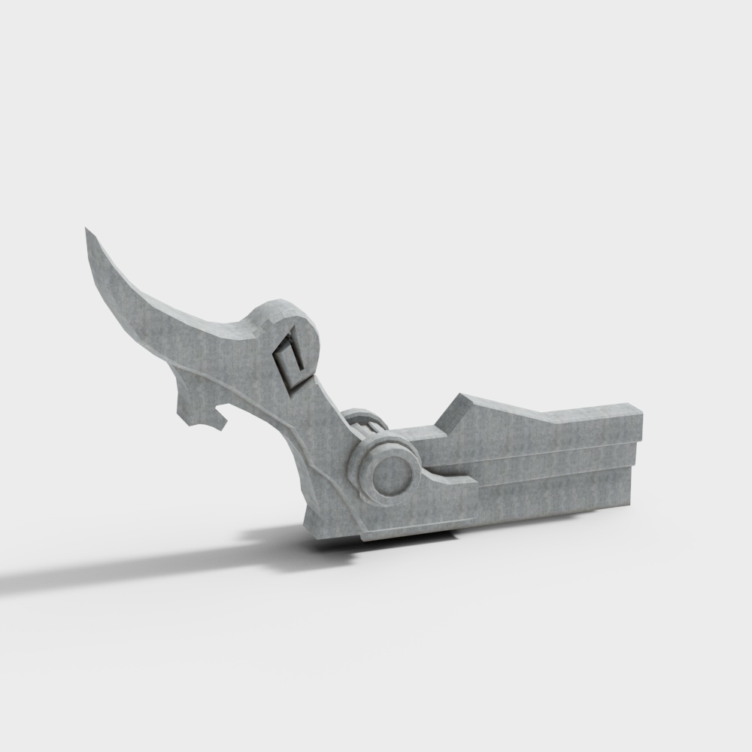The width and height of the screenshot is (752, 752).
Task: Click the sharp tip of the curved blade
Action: (87, 230)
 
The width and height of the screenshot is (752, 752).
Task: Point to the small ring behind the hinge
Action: (365, 422)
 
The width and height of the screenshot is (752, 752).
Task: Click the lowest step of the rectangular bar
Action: (549, 493)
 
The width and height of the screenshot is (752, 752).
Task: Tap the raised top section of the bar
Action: (549, 429)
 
